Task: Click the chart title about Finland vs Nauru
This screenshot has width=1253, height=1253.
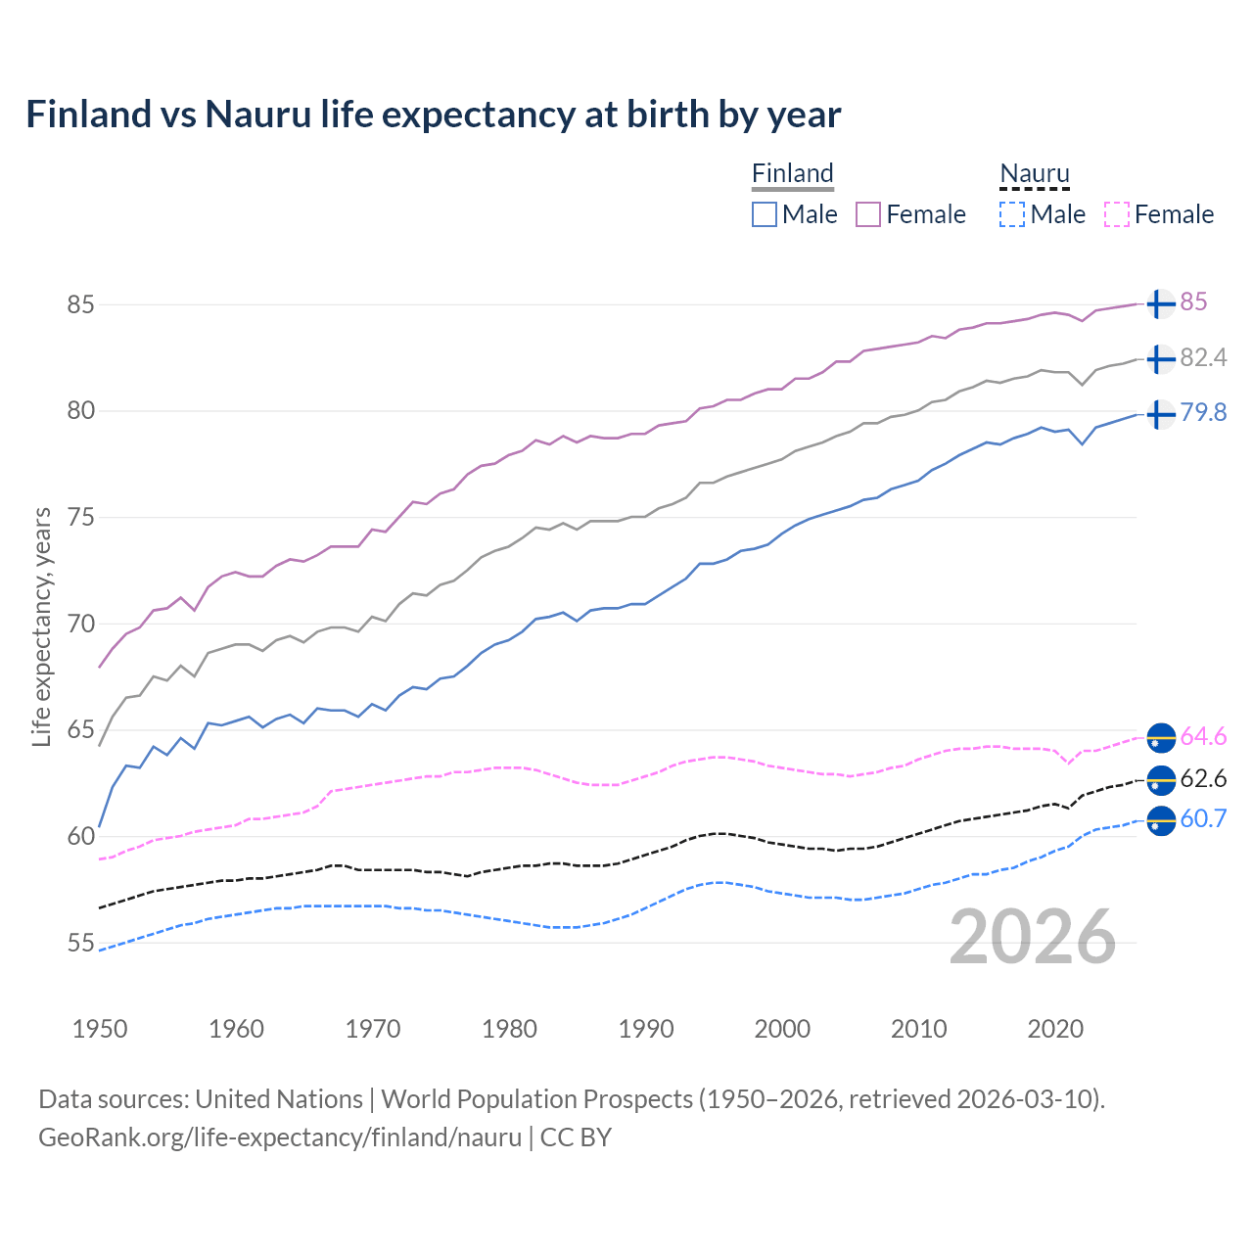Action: [433, 115]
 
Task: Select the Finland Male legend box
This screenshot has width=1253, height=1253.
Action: [765, 214]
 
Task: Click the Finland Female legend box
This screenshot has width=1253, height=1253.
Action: [868, 214]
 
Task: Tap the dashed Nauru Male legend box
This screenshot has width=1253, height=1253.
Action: [1012, 214]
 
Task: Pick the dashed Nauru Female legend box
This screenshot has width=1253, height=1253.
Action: [1117, 214]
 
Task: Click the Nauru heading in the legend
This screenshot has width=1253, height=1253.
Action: [1035, 173]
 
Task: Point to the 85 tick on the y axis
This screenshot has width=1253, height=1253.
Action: [80, 304]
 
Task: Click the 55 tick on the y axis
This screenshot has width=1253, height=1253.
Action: [80, 943]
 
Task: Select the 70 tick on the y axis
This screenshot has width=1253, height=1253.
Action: [80, 624]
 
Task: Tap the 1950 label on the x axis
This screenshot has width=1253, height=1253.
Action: [100, 1029]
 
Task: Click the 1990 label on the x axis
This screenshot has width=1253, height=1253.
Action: [646, 1029]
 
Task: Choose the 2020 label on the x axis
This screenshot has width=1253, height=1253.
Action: [1055, 1029]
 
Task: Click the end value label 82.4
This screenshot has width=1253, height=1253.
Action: [1203, 358]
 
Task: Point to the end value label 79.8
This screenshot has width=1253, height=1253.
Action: [1203, 412]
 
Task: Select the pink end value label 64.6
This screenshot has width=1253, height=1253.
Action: [1203, 736]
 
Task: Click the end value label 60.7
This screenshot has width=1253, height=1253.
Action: [1203, 819]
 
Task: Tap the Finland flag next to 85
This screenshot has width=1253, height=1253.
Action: [1160, 304]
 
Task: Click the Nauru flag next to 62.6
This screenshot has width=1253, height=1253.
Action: [1160, 780]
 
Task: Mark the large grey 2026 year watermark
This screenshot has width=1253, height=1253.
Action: [1033, 937]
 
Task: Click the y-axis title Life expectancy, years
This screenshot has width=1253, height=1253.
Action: [42, 626]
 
